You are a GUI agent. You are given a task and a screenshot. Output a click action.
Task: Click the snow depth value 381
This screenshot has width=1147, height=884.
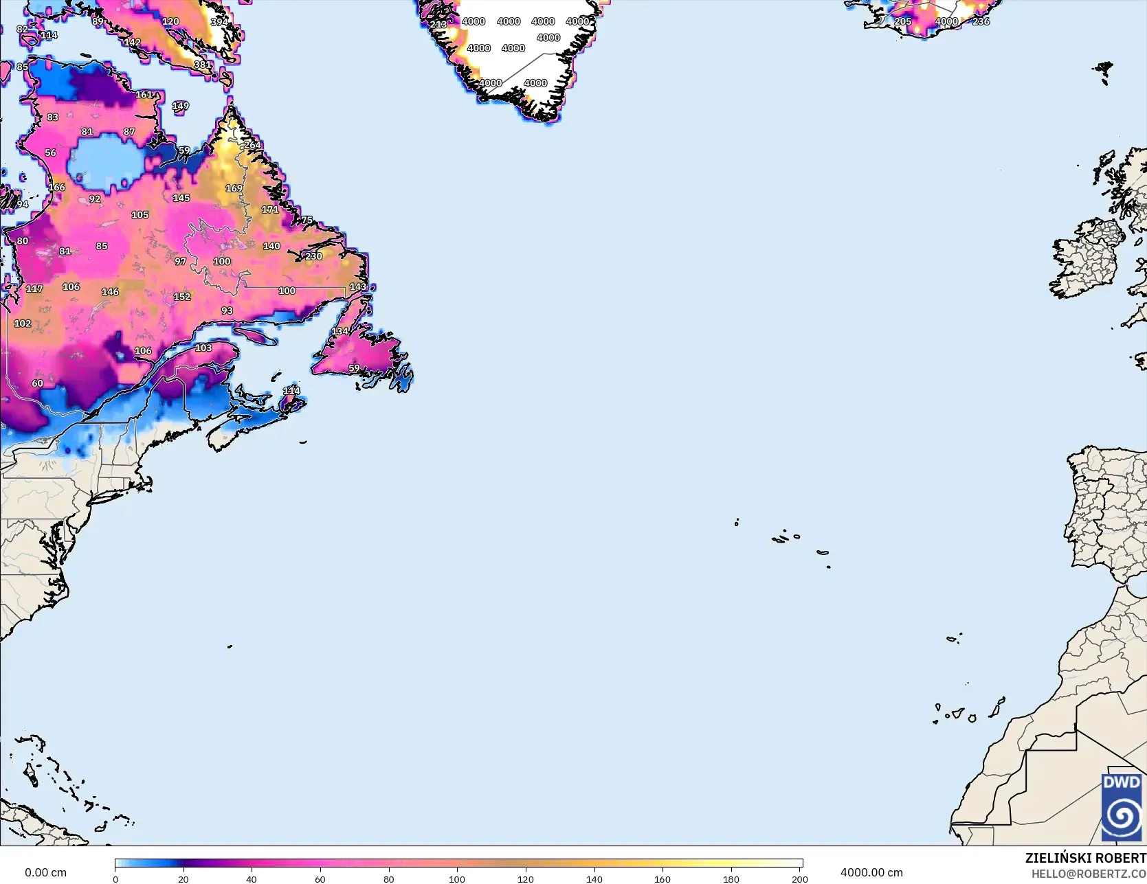click(203, 65)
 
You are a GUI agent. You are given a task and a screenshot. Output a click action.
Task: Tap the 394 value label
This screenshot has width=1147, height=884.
click(219, 22)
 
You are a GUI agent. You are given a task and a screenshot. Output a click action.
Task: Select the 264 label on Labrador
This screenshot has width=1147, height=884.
click(253, 145)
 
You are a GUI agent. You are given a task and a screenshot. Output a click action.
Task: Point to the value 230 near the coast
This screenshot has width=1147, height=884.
click(314, 256)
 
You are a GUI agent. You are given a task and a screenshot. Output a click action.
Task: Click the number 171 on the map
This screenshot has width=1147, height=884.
click(270, 209)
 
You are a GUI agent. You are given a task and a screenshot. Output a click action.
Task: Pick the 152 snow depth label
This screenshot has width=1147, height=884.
click(182, 297)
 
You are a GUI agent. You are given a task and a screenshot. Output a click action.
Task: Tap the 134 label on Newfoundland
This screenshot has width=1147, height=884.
click(340, 331)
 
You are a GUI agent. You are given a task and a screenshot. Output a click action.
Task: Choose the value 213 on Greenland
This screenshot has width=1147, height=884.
click(438, 25)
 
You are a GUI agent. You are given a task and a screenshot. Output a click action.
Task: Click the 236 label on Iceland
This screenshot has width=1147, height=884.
click(981, 21)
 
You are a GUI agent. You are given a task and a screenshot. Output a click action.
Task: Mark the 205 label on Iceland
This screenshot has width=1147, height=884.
click(903, 21)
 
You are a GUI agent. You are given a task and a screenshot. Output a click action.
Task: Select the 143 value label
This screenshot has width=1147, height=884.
click(358, 286)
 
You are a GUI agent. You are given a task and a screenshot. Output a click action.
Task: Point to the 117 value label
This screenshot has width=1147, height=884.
click(34, 289)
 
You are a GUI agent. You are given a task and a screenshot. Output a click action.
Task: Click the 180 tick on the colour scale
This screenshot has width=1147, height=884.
click(731, 879)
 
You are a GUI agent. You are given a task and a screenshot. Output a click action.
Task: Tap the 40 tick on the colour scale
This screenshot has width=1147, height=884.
click(252, 879)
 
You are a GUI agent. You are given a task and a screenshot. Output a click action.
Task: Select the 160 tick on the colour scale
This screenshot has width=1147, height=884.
click(662, 879)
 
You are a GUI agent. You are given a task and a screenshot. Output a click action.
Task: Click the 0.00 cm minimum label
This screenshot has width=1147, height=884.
click(45, 872)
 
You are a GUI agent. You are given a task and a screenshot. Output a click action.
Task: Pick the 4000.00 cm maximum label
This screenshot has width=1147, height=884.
click(871, 872)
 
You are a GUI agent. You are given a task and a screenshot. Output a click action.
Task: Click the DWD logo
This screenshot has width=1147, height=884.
click(1122, 807)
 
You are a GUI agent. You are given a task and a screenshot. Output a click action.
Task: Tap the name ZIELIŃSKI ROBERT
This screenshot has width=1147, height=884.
click(1085, 858)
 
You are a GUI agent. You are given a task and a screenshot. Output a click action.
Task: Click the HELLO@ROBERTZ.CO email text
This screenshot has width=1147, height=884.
click(1089, 874)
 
